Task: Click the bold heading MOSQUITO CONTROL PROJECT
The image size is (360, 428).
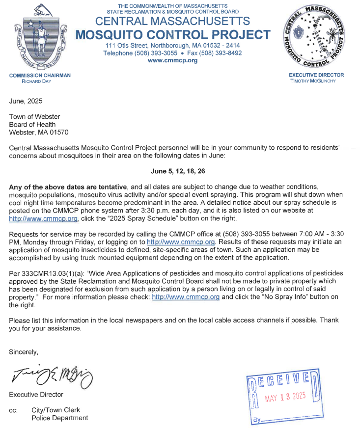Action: coord(172,35)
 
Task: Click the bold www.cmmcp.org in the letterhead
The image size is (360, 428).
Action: coord(172,60)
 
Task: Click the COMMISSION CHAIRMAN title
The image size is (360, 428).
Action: coord(40,75)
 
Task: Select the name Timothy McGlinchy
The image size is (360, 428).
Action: coord(316,81)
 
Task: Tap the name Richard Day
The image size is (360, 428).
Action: coord(30,81)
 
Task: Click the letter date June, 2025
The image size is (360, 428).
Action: coord(26,101)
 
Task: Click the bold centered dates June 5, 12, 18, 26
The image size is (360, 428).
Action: coord(178,172)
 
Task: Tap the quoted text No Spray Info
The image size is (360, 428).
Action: coord(303,297)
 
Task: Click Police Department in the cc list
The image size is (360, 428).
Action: coord(59,418)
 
